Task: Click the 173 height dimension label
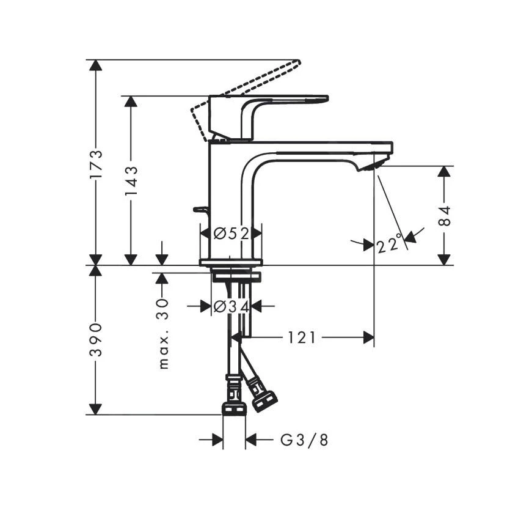coord(96,164)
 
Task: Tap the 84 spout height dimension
coord(446,216)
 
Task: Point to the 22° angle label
coord(390,244)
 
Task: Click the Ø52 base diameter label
coord(231,233)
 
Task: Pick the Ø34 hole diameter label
coord(231,307)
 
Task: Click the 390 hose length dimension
coord(96,340)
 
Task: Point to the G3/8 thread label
coord(304,440)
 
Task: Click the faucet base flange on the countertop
coord(231,262)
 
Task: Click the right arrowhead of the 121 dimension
coord(368,337)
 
